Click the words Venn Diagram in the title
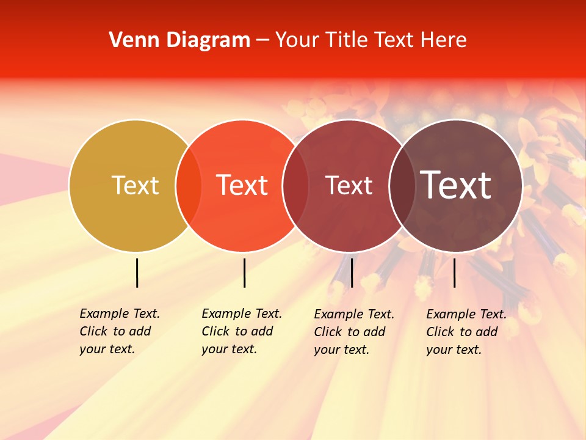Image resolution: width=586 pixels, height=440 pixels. (x=179, y=40)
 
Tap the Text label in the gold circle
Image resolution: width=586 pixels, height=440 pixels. (x=135, y=185)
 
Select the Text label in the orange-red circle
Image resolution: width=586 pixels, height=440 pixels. (x=242, y=185)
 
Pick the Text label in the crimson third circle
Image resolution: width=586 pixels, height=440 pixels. (x=349, y=185)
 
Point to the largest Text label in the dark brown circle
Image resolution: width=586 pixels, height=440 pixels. (x=456, y=185)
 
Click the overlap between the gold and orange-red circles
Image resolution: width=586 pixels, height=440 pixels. (x=189, y=185)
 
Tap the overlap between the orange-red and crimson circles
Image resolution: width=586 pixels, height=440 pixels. (x=295, y=185)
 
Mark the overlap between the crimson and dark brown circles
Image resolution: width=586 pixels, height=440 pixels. (x=402, y=185)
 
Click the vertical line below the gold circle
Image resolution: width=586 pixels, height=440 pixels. (x=137, y=273)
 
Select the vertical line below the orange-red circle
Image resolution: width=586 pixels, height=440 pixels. (x=244, y=273)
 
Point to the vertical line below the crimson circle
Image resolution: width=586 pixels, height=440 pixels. (x=352, y=273)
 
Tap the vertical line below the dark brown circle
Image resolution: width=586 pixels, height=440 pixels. (x=454, y=273)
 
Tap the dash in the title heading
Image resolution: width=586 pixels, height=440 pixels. (x=262, y=40)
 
